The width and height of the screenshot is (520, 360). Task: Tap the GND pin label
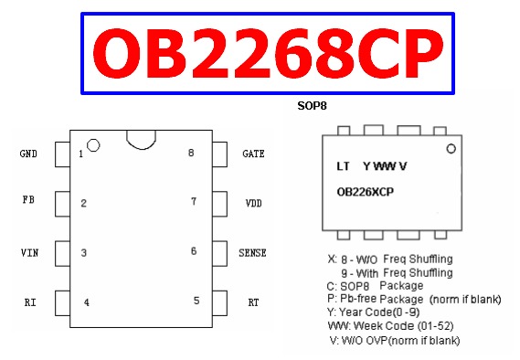(28, 154)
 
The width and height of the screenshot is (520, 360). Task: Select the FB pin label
(28, 199)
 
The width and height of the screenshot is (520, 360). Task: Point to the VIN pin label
(29, 251)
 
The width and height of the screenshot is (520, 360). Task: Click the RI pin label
(30, 302)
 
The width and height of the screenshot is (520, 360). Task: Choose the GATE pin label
(253, 154)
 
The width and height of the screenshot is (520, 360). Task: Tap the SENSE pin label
(252, 252)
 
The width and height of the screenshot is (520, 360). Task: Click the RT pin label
(253, 302)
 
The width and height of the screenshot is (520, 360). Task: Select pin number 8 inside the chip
(191, 153)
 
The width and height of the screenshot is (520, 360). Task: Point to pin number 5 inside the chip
(196, 300)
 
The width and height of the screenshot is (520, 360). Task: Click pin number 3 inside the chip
(83, 253)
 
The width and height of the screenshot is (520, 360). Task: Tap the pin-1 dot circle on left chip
(92, 145)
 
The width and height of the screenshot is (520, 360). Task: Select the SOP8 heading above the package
(313, 106)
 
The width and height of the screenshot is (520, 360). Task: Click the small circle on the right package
(451, 148)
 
